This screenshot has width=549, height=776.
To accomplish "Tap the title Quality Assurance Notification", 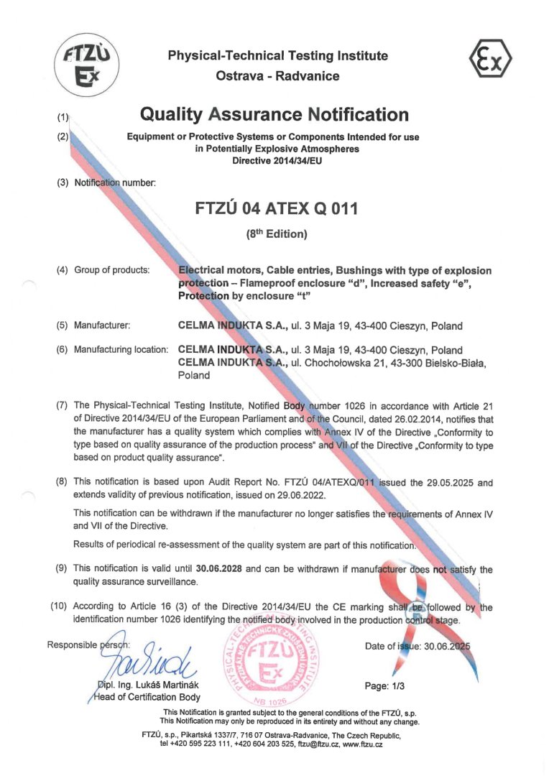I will pos(274,114).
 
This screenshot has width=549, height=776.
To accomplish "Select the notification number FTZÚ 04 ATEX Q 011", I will pos(276,208).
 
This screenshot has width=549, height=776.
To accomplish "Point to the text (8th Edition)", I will pos(276,234).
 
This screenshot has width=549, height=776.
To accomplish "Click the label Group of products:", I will pos(111,270).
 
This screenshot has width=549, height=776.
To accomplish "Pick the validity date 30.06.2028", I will pos(219,569).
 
